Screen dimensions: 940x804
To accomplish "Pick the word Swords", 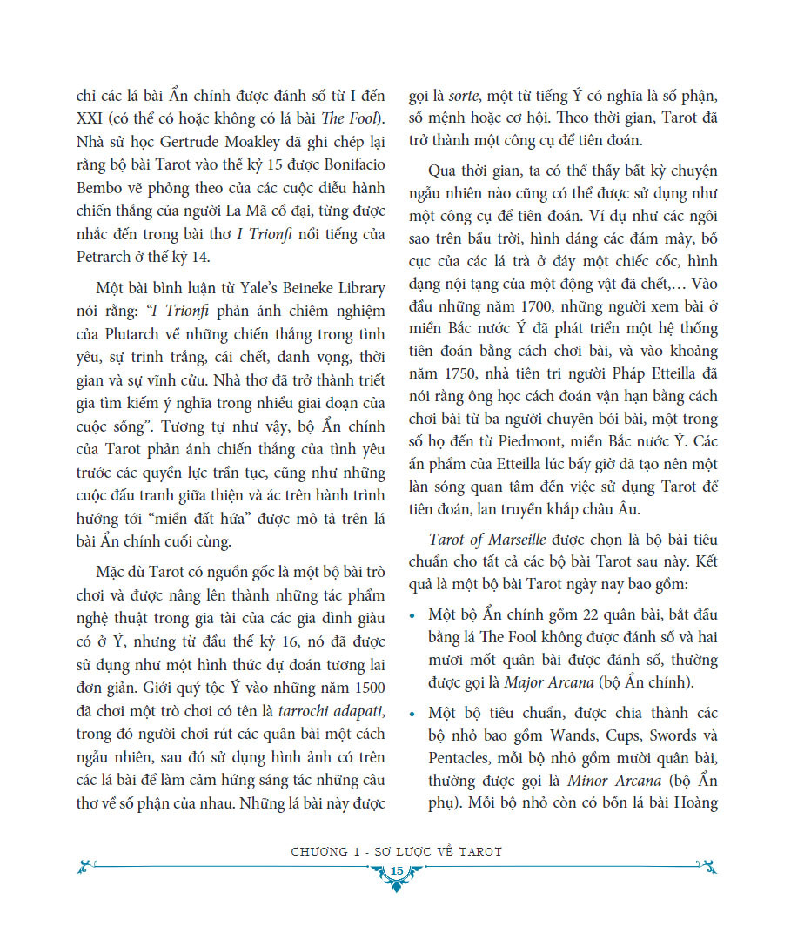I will [672, 735].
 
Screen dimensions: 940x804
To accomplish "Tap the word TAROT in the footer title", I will [473, 851].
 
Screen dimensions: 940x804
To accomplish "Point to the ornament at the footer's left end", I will [84, 866].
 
